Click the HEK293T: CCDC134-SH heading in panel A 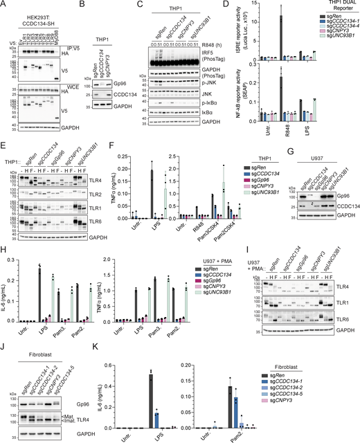coord(34,10)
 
